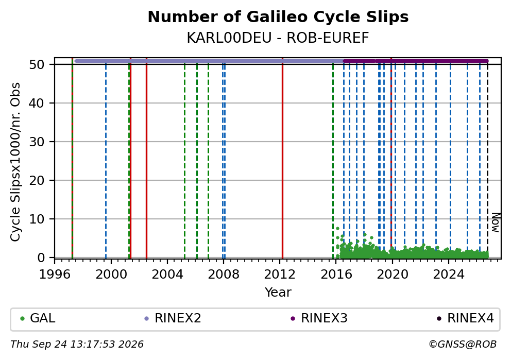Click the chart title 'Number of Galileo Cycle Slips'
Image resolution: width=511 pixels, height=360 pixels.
(278, 17)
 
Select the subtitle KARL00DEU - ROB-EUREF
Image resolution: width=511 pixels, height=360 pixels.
(278, 38)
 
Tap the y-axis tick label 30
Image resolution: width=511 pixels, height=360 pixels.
(37, 142)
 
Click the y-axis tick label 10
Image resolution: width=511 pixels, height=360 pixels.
(37, 219)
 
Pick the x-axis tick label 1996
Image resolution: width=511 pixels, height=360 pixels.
(55, 275)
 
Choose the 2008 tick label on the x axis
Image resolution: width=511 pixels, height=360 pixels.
(224, 275)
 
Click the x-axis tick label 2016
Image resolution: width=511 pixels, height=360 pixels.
(336, 275)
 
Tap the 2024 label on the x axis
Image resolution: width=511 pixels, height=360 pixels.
(449, 275)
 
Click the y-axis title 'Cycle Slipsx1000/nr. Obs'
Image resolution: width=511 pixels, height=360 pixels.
(15, 162)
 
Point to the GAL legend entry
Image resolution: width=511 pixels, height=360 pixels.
(38, 318)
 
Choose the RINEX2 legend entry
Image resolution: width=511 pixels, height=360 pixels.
(173, 318)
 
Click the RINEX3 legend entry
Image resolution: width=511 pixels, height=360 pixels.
(319, 318)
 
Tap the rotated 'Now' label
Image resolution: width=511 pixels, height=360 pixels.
(496, 222)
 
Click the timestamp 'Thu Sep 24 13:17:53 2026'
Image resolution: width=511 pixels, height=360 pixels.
(77, 345)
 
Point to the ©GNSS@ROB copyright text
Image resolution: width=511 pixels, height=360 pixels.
(463, 345)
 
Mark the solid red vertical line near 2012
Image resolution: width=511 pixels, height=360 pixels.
(283, 158)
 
